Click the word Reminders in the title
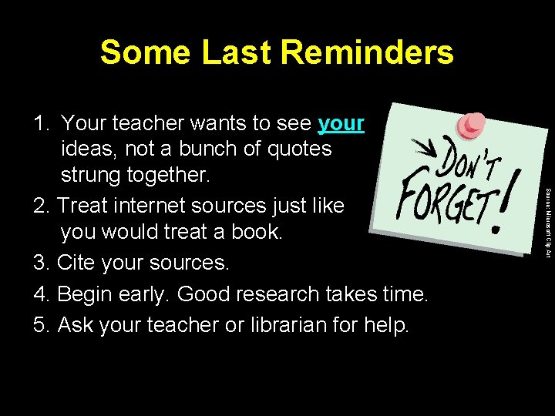(367, 52)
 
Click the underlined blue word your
(341, 122)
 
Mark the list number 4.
(42, 294)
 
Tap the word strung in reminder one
(97, 175)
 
